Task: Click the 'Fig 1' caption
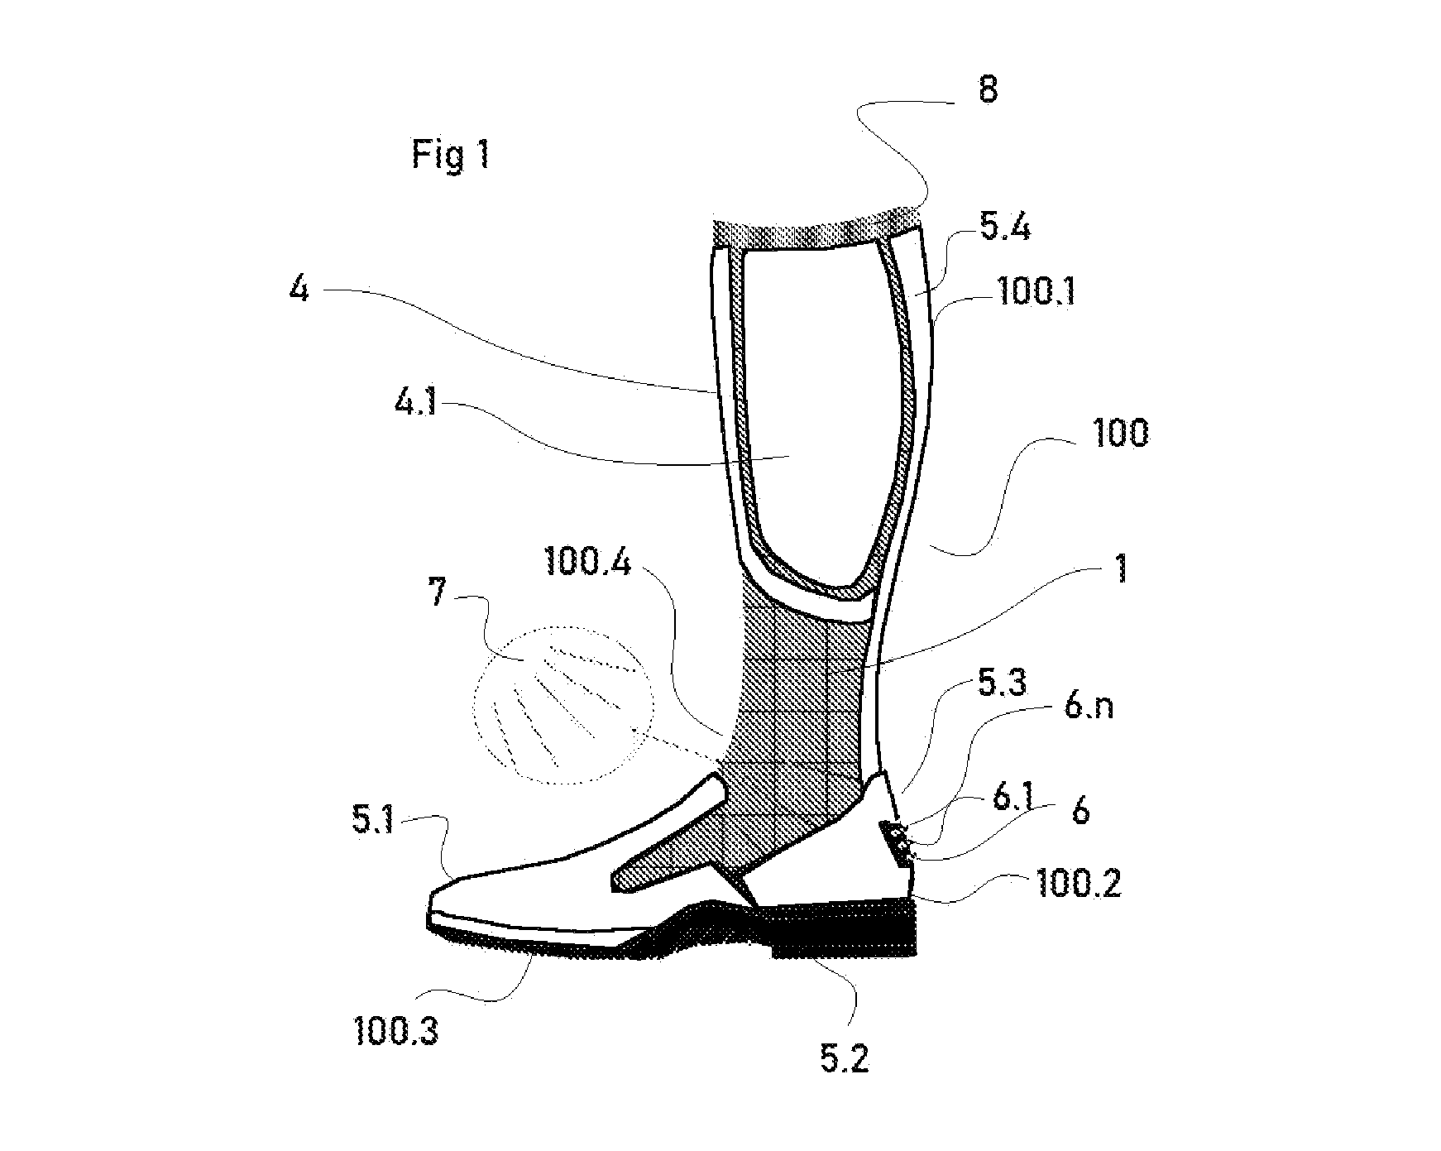coord(451,154)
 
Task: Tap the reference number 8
coord(988,89)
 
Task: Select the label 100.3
coord(395,1032)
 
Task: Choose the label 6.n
coord(1089,708)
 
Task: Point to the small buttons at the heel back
coord(899,842)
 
